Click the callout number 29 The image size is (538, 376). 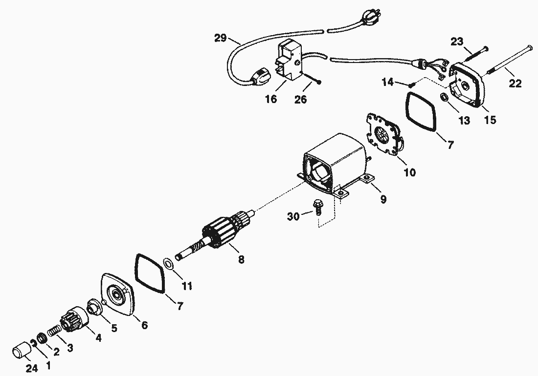tap(220, 37)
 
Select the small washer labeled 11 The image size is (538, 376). tap(168, 264)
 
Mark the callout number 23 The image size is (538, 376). tap(456, 42)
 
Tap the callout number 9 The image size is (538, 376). tap(383, 199)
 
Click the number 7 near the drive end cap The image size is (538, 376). tap(179, 306)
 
